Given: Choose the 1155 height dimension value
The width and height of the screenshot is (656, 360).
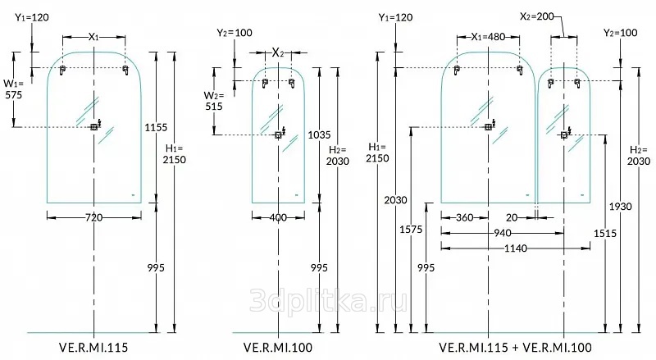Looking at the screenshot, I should point(155,127).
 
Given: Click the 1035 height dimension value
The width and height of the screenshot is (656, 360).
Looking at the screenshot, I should point(320,134).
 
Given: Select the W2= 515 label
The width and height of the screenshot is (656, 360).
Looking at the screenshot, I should point(213,101).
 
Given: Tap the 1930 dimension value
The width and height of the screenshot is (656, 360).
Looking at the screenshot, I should point(622,206).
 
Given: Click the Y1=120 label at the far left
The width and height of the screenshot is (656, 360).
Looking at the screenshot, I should point(30,16).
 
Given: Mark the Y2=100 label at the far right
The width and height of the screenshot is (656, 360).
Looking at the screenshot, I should point(619,33).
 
